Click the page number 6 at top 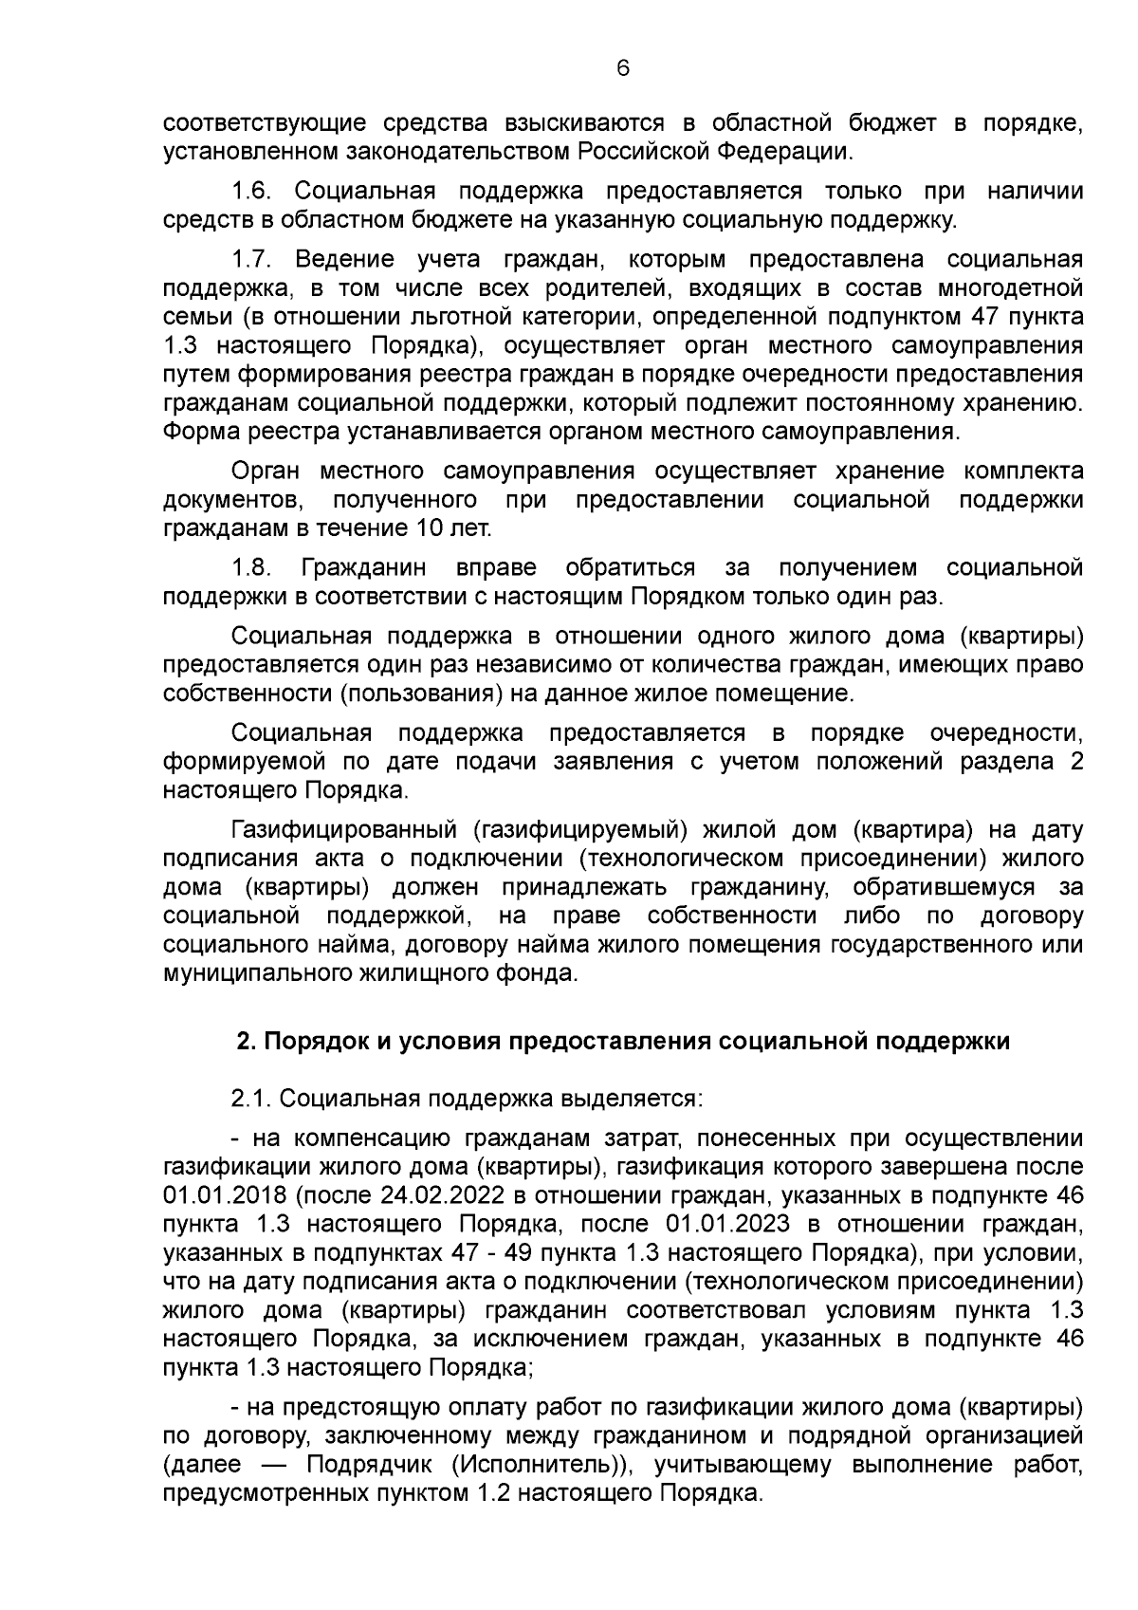pos(622,68)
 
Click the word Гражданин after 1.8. pos(363,568)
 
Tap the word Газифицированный pos(345,830)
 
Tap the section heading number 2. pos(244,1041)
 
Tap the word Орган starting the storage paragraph pos(260,472)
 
